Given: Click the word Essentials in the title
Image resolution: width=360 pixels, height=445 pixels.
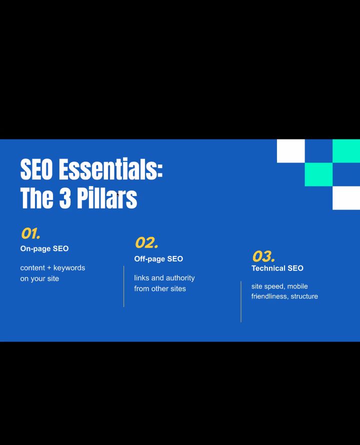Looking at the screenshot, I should coord(110,169).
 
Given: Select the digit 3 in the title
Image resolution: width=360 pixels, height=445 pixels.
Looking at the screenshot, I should coord(65,198).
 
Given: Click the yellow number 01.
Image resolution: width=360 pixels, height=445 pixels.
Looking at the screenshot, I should coord(30,233).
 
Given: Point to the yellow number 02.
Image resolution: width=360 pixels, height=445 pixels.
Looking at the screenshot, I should coord(146,243).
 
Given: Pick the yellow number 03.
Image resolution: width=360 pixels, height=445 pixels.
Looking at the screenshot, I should coord(263,257).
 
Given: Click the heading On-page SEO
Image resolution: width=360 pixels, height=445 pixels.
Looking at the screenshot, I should coord(44,248).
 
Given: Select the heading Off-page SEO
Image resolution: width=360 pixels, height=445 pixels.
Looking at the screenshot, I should coord(158,258).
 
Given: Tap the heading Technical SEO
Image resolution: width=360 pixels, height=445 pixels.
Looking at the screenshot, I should coord(277,268).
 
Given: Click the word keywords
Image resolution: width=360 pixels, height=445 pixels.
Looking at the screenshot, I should coord(69,267).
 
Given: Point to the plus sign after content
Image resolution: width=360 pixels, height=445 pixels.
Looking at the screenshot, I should coord(49,268).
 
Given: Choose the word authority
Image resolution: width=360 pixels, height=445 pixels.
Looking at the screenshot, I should coord(180,277).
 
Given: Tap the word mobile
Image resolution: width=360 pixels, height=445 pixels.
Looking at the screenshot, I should coord(297,286).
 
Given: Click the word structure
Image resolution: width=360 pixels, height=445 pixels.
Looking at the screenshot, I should coord(304,296).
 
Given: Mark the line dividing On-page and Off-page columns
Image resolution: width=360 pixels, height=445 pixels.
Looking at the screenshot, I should coord(124,286).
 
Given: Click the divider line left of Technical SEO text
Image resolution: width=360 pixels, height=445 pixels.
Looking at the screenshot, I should coord(241,301).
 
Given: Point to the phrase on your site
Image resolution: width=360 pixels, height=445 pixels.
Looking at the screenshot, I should coord(39,278).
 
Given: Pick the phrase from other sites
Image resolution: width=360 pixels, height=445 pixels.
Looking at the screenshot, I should coord(160,288).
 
